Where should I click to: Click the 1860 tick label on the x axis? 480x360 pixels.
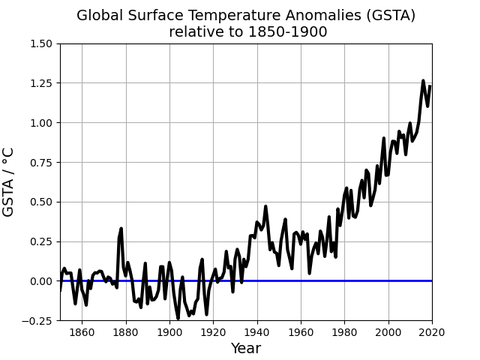[x=82, y=333]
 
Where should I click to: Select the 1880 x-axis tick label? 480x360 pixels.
[x=126, y=333]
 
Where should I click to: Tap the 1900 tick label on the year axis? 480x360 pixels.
[x=169, y=333]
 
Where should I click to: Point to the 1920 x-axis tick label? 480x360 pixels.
[x=213, y=333]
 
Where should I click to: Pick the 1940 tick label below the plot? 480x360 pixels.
[x=257, y=333]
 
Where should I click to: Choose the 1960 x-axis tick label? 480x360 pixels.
[x=301, y=333]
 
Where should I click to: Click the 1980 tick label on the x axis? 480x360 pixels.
[x=345, y=333]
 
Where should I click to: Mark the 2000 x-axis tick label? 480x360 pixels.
[x=388, y=333]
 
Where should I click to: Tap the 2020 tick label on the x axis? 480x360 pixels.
[x=432, y=333]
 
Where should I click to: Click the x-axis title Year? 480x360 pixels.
[x=246, y=349]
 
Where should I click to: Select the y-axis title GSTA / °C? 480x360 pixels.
[x=10, y=182]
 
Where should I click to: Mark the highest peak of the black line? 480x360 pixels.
[x=423, y=81]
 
